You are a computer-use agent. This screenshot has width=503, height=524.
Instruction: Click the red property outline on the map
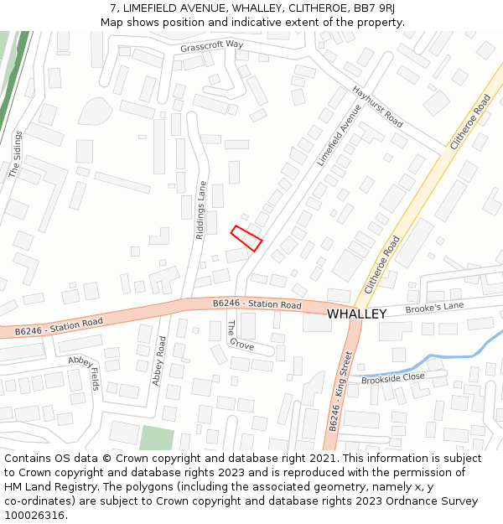pyautogui.click(x=246, y=238)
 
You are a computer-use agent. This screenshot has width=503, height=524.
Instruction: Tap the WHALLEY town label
pyautogui.click(x=356, y=314)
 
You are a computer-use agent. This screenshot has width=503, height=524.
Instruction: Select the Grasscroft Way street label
pyautogui.click(x=211, y=45)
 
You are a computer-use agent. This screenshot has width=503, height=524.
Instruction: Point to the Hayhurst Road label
pyautogui.click(x=377, y=107)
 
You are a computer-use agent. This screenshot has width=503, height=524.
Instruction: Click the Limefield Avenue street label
pyautogui.click(x=339, y=134)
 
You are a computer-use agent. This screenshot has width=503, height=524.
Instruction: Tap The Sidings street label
pyautogui.click(x=15, y=154)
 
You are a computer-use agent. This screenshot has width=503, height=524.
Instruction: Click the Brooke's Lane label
pyautogui.click(x=434, y=308)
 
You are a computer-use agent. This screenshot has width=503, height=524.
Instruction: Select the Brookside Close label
pyautogui.click(x=392, y=378)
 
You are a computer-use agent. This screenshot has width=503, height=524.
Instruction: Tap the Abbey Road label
pyautogui.click(x=158, y=361)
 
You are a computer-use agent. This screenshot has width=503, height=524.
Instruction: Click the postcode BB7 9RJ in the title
pyautogui.click(x=374, y=8)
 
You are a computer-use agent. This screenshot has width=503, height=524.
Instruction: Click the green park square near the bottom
pyautogui.click(x=157, y=438)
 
